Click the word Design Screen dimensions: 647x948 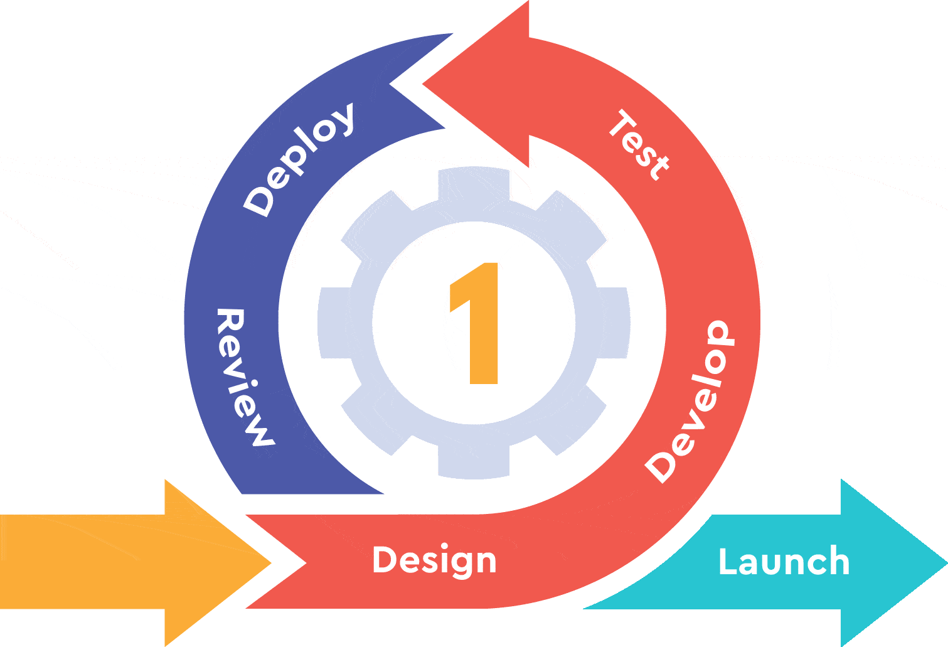434,560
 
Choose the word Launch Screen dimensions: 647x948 784,562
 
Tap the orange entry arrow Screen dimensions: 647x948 125,562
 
